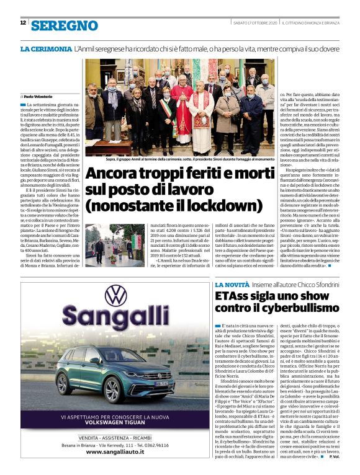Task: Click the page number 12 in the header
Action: click(22, 23)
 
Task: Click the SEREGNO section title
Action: click(64, 24)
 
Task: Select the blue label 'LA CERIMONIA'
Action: click(45, 48)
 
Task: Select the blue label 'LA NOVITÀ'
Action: click(231, 283)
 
